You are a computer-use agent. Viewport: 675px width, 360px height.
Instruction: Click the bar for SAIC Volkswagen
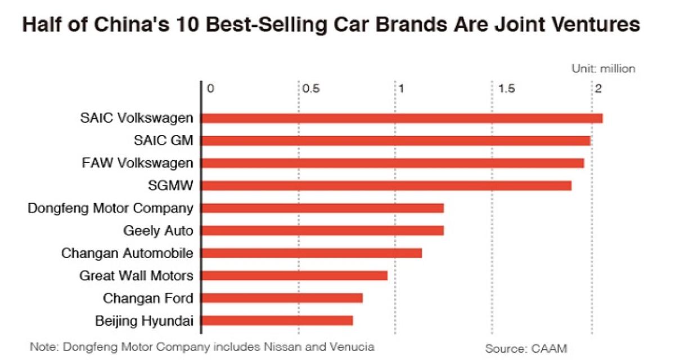tap(402, 118)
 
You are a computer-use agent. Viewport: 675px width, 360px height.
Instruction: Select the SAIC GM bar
tap(395, 141)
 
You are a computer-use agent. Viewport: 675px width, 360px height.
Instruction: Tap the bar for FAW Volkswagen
tap(393, 163)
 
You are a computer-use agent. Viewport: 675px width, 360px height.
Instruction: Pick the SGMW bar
tap(386, 186)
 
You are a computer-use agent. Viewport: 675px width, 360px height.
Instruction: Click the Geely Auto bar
tap(322, 231)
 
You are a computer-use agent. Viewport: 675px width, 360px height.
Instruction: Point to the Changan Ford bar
tap(282, 298)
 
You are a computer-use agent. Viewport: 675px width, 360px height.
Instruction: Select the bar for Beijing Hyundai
tap(277, 321)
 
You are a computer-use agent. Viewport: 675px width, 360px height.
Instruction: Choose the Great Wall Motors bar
tap(294, 276)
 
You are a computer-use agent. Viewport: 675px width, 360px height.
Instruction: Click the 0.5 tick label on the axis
tap(310, 89)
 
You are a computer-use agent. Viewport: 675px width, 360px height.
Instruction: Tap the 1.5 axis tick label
tap(506, 89)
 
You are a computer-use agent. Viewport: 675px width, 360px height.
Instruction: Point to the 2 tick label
tap(599, 89)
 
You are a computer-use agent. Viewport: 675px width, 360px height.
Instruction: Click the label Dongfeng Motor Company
tap(110, 208)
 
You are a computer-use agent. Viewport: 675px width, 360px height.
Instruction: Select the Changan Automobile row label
tap(127, 253)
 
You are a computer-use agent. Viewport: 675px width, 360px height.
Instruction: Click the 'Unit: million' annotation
tap(603, 69)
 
